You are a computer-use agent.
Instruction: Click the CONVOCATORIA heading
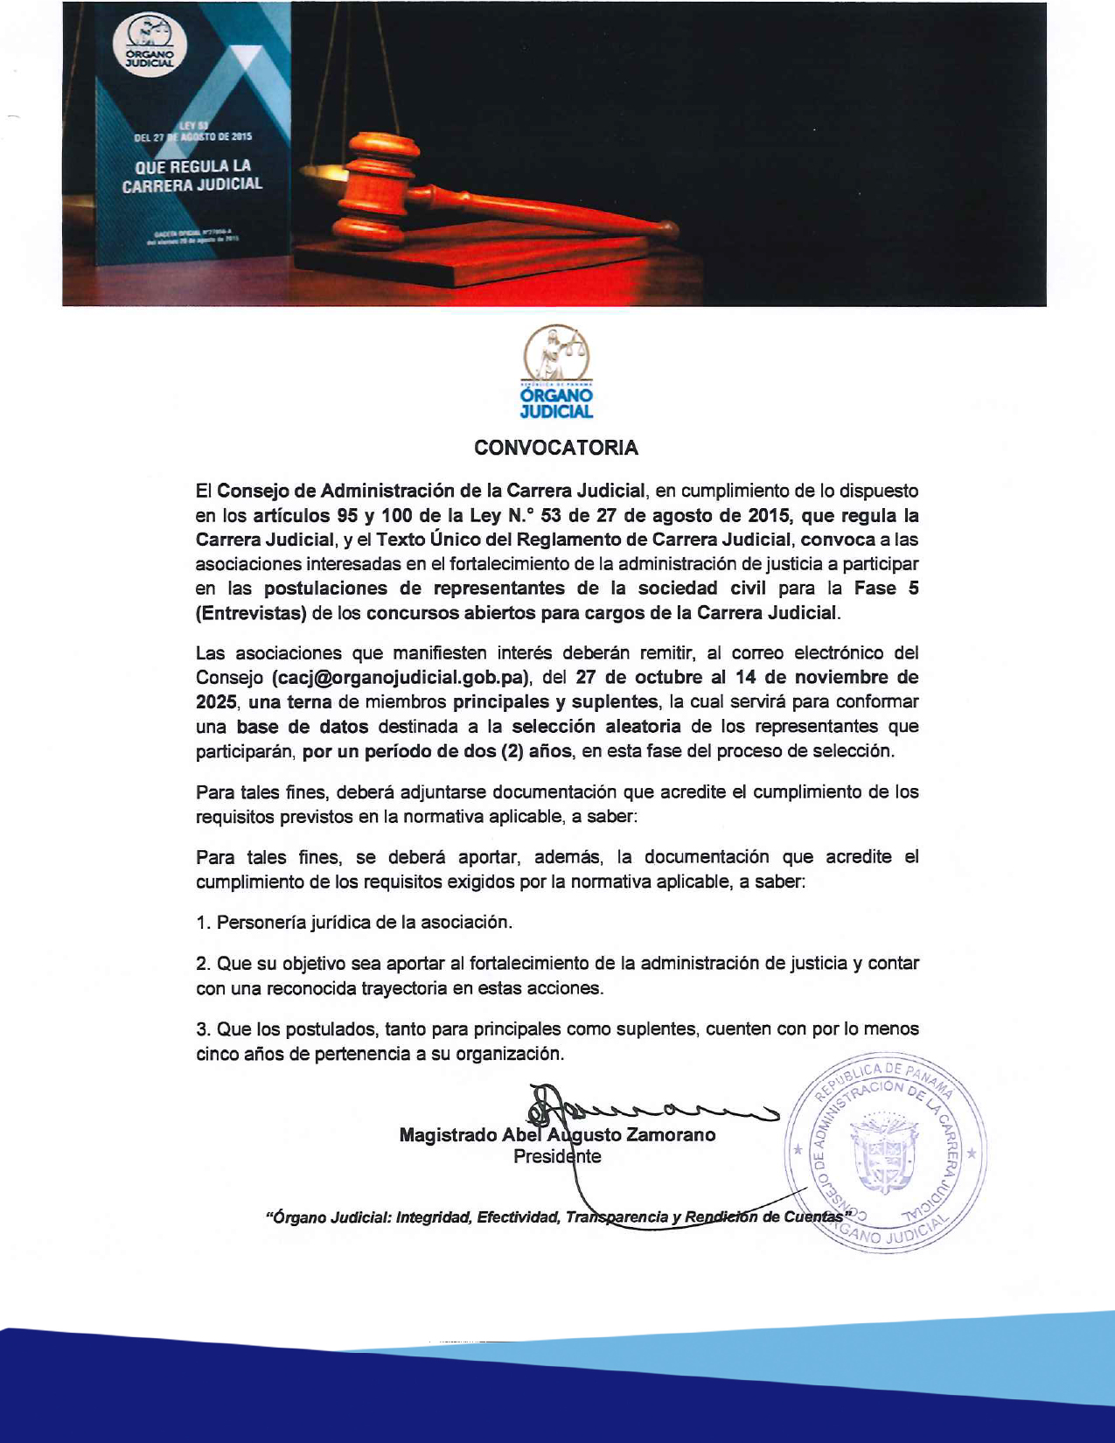556,448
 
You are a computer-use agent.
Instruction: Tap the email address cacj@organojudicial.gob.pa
401,678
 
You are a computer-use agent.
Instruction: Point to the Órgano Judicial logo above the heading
556,372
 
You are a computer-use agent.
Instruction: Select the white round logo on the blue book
150,45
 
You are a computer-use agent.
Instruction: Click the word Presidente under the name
557,1157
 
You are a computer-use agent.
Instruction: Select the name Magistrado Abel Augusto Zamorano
557,1135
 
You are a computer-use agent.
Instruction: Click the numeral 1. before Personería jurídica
203,923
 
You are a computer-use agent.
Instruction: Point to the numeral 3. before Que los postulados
203,1029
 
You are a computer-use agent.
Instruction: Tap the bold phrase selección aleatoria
596,727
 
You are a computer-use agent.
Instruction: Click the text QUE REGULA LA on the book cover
192,166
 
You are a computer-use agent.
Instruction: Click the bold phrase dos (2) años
516,751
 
